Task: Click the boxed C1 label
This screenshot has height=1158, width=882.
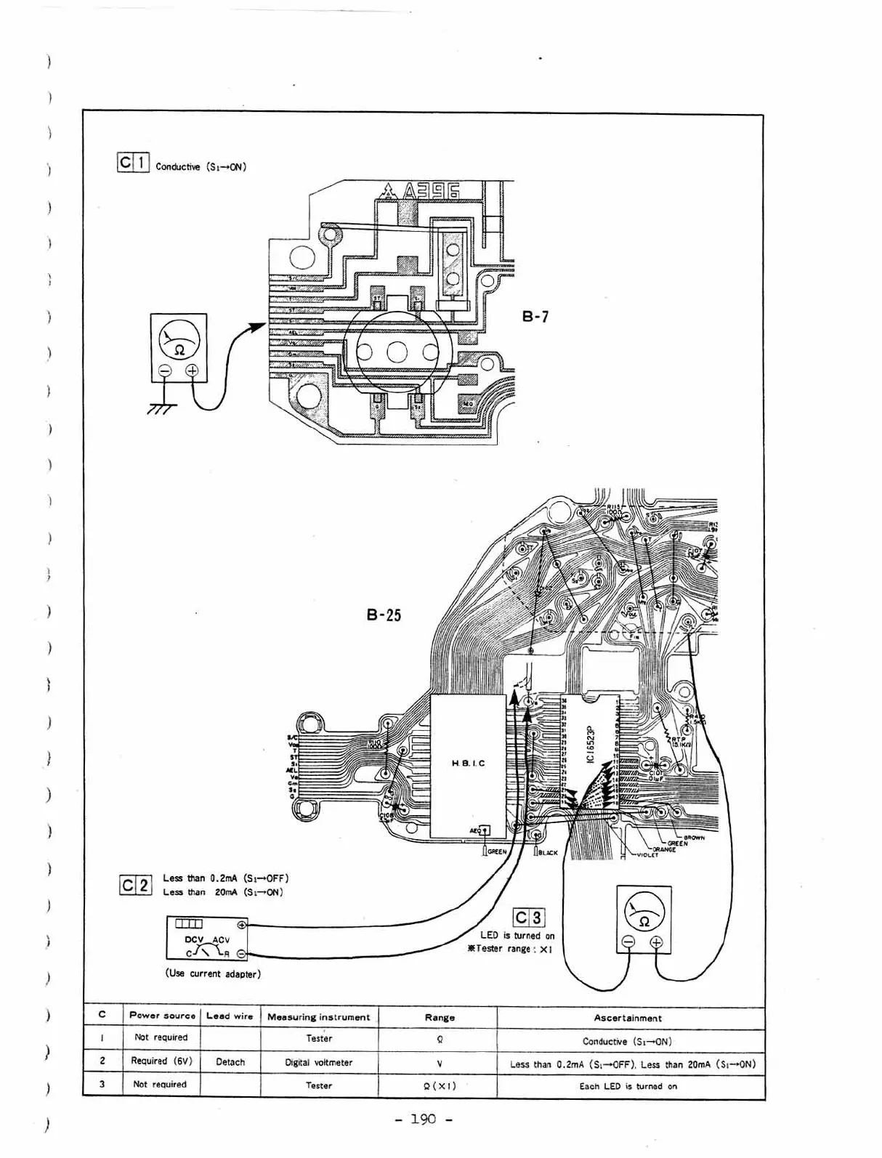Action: click(x=133, y=163)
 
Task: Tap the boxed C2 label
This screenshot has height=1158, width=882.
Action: click(x=135, y=886)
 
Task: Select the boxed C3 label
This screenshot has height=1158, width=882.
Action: click(x=529, y=918)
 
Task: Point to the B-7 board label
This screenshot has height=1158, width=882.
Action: click(x=535, y=316)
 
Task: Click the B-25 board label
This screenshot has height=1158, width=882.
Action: click(x=384, y=615)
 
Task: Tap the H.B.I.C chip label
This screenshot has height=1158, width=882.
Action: click(x=468, y=764)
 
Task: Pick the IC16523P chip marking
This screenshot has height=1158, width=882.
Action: click(x=591, y=742)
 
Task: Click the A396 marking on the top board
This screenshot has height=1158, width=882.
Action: click(x=432, y=191)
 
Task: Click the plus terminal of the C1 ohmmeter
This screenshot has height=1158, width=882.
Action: click(x=192, y=371)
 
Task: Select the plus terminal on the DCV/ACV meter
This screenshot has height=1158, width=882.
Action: click(x=242, y=925)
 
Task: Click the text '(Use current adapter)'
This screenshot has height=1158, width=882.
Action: click(x=213, y=973)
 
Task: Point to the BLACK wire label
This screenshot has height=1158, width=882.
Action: click(x=548, y=852)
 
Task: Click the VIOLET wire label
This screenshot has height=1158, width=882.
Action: click(x=647, y=855)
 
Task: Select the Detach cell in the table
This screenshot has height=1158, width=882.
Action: click(x=230, y=1062)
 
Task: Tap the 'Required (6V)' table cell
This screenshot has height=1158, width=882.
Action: click(x=161, y=1061)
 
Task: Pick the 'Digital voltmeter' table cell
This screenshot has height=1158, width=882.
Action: click(x=319, y=1062)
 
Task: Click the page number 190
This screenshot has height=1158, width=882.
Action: click(x=424, y=1119)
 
